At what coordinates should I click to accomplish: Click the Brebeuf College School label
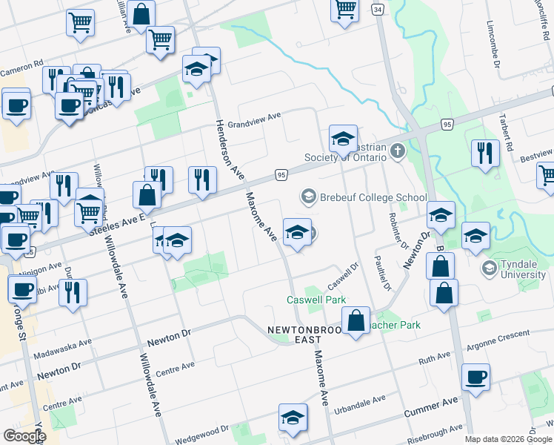[x=373, y=197]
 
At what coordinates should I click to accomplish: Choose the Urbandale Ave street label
[x=360, y=404]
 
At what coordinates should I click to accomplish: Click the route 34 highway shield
[x=378, y=9]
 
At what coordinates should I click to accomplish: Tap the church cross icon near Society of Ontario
[x=398, y=152]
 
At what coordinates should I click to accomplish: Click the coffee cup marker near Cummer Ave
[x=475, y=377]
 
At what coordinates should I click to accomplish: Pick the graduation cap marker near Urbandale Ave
[x=293, y=418]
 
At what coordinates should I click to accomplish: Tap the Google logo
[x=24, y=436]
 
